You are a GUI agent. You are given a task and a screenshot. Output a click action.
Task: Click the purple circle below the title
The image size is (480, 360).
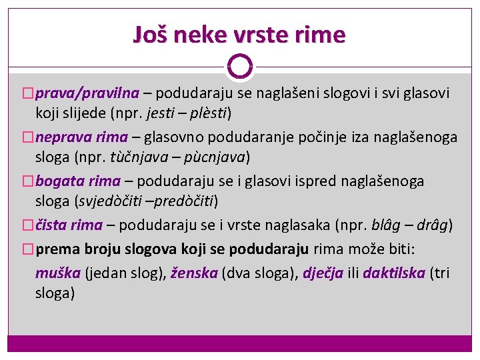240,66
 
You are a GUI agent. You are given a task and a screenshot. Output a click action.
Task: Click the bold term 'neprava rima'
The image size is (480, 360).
81,137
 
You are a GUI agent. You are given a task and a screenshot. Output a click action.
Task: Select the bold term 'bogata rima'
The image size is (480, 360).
78,181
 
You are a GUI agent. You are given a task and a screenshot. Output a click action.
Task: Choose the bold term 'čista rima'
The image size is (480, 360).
69,225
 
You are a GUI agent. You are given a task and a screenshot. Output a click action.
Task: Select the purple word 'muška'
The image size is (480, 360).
58,272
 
